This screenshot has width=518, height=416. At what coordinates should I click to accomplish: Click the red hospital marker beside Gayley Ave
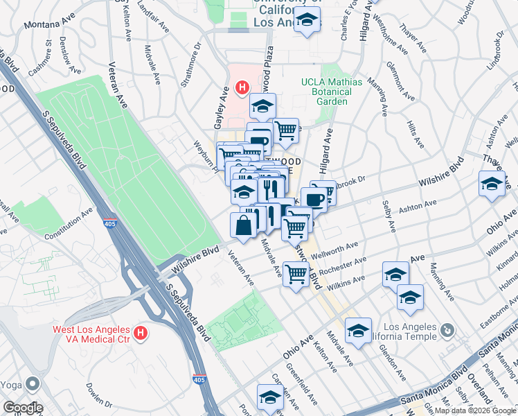(242, 88)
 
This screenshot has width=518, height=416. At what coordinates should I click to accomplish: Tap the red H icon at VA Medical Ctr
(141, 334)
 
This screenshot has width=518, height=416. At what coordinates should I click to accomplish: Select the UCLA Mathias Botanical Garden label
(331, 92)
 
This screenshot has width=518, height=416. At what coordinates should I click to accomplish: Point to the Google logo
(23, 407)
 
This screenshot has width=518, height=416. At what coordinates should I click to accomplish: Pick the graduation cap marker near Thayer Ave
(491, 184)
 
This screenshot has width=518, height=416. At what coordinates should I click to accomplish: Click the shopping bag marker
(242, 225)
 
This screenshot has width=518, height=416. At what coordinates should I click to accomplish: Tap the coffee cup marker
(314, 199)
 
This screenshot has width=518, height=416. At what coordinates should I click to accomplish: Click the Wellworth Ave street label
(334, 248)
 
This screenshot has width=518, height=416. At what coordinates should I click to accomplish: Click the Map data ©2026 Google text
(475, 410)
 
